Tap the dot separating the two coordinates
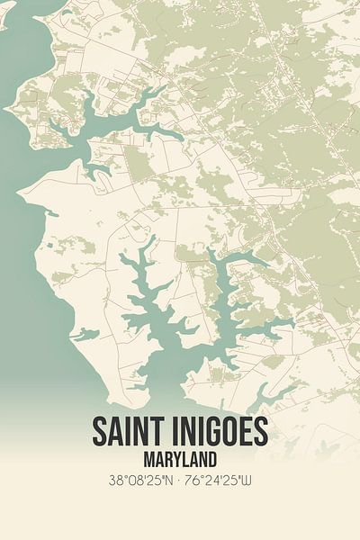[179, 484]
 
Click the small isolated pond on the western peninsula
[85, 335]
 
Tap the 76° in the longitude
[196, 484]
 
